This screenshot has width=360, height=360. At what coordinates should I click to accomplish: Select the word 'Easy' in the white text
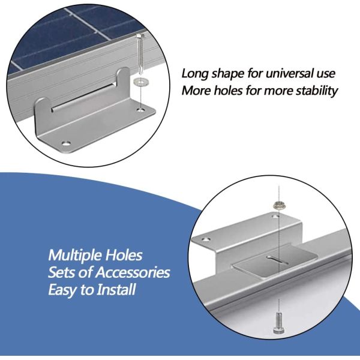63,290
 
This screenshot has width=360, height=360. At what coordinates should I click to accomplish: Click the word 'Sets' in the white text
62,272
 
